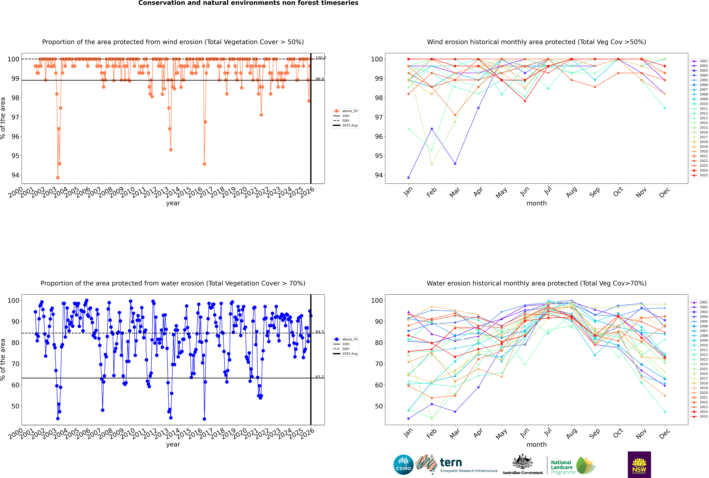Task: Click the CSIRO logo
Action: [403, 465]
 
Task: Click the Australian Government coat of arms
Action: [522, 462]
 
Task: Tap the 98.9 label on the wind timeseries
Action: [319, 79]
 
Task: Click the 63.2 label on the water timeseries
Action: [319, 377]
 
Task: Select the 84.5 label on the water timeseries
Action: [319, 332]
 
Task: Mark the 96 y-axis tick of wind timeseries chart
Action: [15, 137]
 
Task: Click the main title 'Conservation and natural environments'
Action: [248, 3]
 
